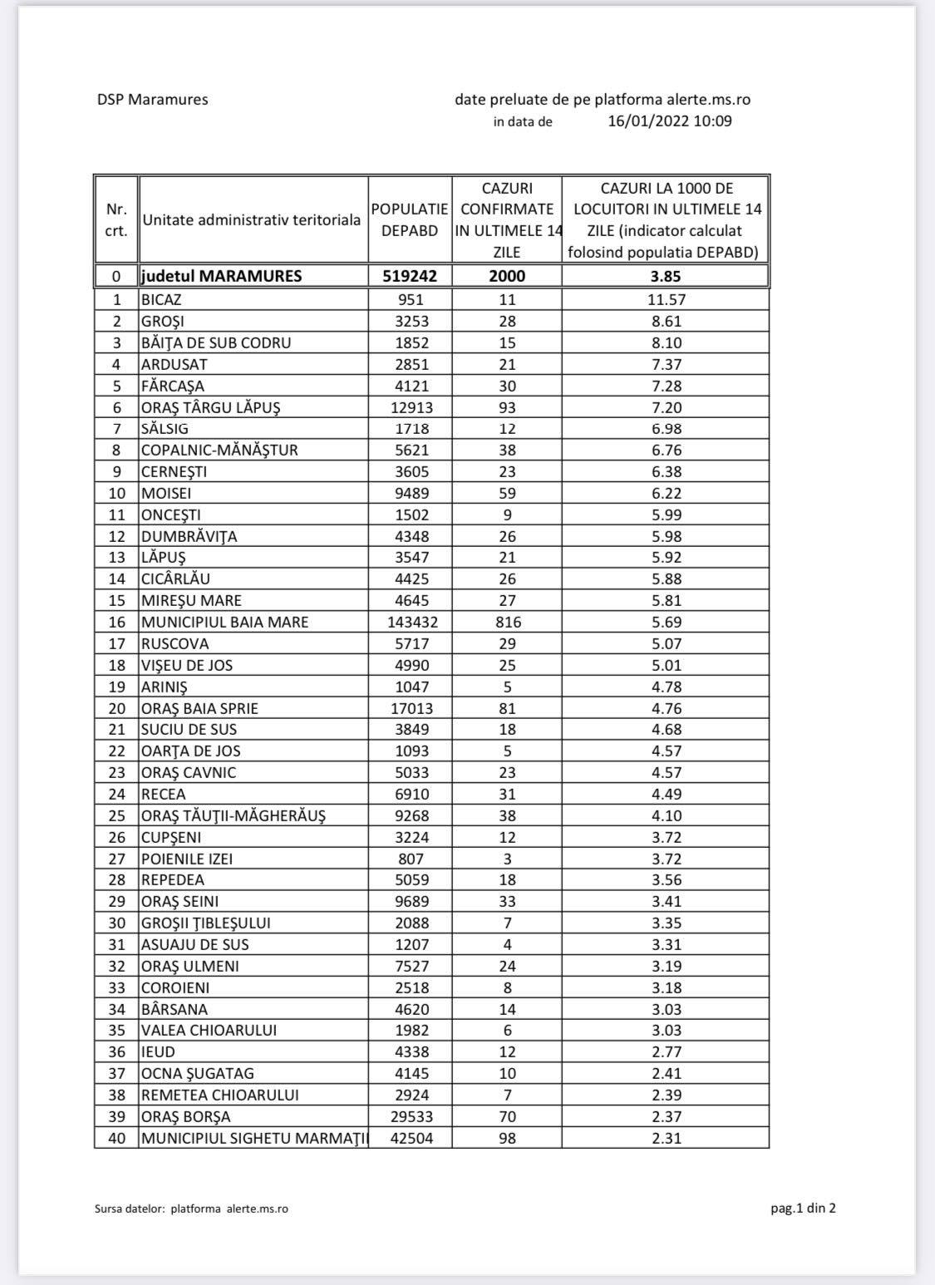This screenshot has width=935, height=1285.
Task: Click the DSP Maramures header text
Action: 152,100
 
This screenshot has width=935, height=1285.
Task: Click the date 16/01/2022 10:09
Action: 670,121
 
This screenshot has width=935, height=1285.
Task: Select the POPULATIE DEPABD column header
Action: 410,220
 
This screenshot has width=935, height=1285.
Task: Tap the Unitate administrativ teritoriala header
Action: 252,220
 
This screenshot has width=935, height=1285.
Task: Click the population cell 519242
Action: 410,276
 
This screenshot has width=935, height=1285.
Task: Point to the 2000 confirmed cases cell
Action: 507,276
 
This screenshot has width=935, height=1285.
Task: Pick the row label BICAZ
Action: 161,300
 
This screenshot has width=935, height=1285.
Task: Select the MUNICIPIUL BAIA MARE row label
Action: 225,622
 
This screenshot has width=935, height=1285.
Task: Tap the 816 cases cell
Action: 507,622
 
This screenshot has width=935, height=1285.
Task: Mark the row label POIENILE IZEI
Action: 187,859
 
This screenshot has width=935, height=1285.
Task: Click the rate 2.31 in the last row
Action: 667,1138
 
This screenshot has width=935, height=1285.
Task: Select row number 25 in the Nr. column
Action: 117,815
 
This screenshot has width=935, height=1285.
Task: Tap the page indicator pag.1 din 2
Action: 803,1209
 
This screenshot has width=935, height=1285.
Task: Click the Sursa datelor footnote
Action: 191,1209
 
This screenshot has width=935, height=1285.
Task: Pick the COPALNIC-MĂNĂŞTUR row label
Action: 219,450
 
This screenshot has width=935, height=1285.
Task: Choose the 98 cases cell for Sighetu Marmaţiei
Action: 507,1138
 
